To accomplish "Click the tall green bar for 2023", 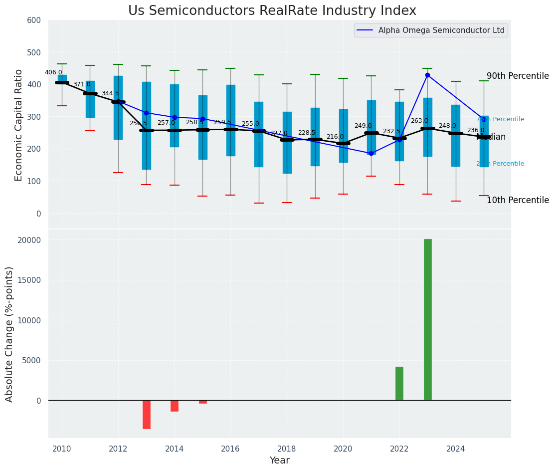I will [x=427, y=319].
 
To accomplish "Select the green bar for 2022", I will [x=399, y=383].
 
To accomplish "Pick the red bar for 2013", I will [x=147, y=414].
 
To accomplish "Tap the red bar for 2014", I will [x=175, y=406].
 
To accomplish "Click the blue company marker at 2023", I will [x=427, y=75].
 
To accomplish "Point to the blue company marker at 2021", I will [x=371, y=153].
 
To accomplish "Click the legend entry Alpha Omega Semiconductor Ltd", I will [x=441, y=30].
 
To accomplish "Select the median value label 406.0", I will [x=53, y=72].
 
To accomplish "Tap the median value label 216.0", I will [x=335, y=137].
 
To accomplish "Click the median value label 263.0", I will [x=419, y=121].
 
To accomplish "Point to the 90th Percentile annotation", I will [x=517, y=76].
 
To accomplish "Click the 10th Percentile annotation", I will [x=517, y=201].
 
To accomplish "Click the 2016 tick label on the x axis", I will [x=230, y=449].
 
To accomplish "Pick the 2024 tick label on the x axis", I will [x=456, y=449].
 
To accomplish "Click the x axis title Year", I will [x=279, y=461].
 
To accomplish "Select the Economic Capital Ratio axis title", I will [x=19, y=125].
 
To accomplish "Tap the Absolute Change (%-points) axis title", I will [x=9, y=334].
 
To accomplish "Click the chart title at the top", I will [x=272, y=11].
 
